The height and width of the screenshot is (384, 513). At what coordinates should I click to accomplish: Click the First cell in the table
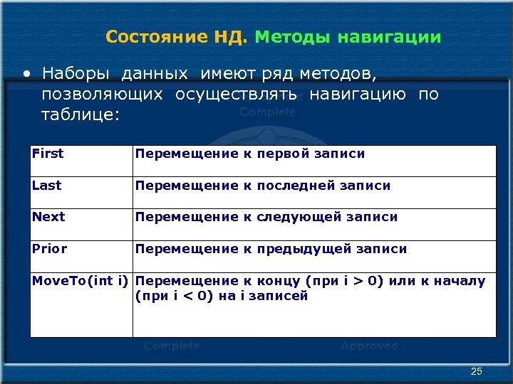(48, 154)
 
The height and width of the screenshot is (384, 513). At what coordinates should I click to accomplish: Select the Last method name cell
(47, 186)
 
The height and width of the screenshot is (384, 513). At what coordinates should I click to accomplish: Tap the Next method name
(48, 217)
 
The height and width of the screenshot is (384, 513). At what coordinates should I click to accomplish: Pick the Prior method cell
(50, 249)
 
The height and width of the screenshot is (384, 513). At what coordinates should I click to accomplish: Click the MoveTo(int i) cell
(80, 281)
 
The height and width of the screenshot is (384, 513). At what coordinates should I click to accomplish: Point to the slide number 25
(477, 372)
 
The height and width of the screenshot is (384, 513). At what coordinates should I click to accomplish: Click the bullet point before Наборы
(26, 73)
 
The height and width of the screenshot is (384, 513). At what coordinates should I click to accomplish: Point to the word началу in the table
(460, 281)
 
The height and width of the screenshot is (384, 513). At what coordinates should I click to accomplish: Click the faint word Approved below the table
(369, 346)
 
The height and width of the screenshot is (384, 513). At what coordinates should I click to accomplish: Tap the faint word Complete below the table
(172, 346)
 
